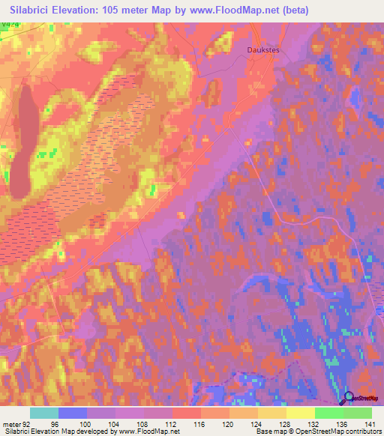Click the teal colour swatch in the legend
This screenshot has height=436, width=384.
[44, 413]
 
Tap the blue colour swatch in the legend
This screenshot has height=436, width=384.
[73, 413]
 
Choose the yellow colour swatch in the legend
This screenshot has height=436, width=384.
[300, 413]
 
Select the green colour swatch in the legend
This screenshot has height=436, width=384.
[328, 413]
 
